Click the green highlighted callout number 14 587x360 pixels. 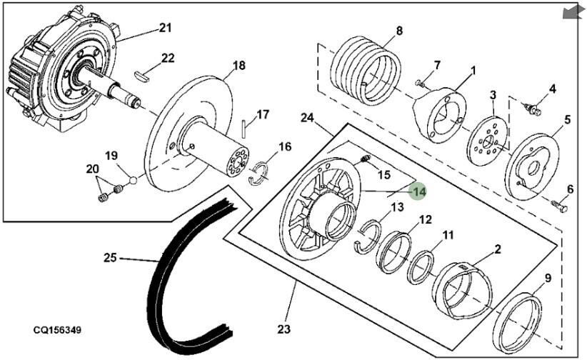tap(418, 191)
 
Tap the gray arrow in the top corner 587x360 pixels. tap(573, 12)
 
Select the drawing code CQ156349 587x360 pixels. tap(57, 331)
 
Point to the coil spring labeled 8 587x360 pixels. tap(366, 71)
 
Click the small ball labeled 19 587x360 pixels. tap(134, 180)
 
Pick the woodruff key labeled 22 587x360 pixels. tap(142, 75)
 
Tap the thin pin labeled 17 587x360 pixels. tap(244, 129)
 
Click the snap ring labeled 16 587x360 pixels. tap(259, 172)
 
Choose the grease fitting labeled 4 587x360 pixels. tap(533, 109)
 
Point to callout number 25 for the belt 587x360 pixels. tap(110, 258)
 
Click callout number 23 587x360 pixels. tap(284, 329)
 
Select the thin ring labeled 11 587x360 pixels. tap(421, 267)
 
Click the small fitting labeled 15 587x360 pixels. tap(365, 159)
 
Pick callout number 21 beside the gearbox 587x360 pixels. tap(165, 28)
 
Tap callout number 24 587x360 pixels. tap(307, 118)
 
